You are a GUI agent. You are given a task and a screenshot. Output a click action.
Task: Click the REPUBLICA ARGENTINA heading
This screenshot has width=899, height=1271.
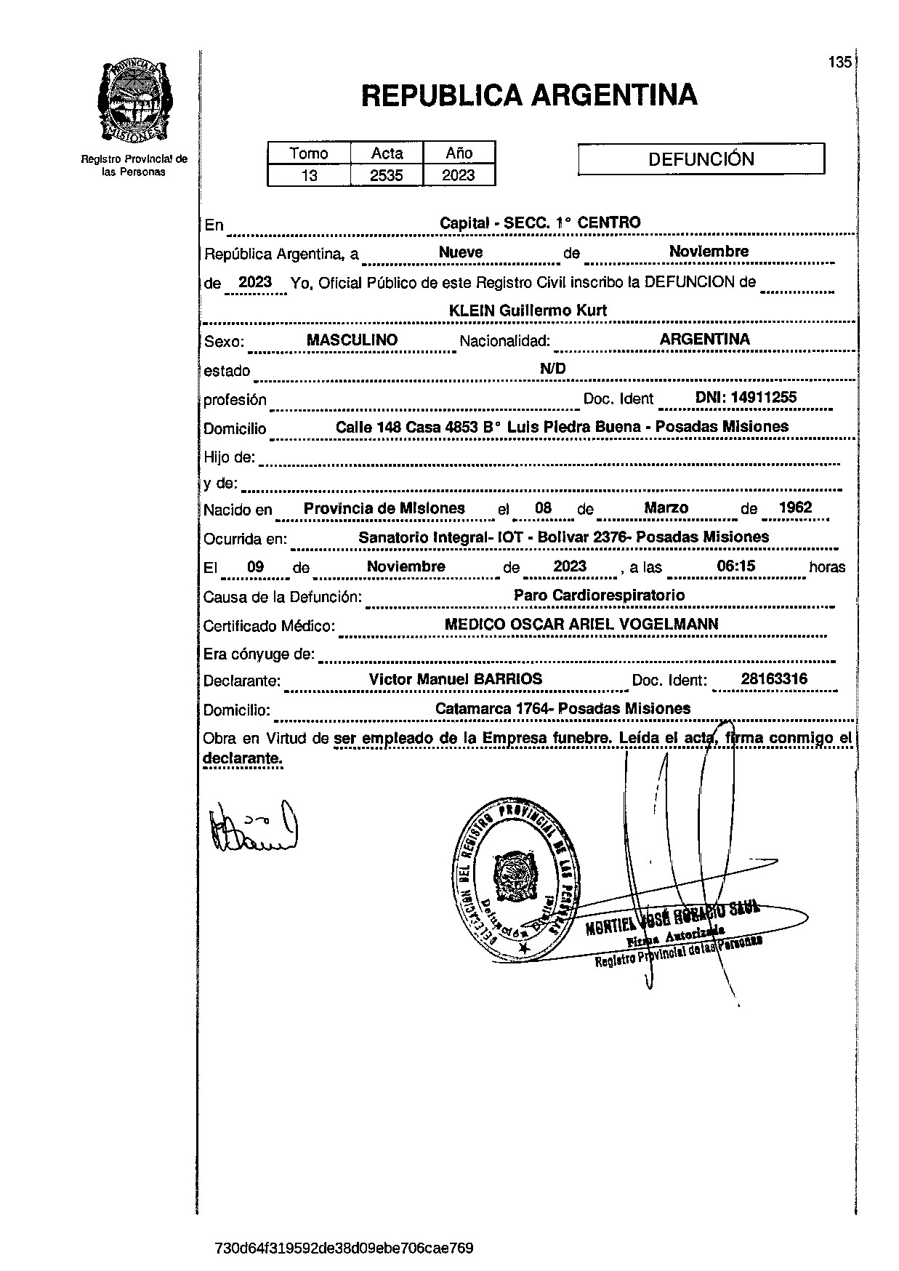(x=529, y=95)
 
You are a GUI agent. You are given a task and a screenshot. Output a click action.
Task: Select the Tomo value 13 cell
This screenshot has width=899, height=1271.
(x=309, y=175)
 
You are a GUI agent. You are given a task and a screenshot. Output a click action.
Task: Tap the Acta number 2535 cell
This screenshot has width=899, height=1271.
(x=387, y=175)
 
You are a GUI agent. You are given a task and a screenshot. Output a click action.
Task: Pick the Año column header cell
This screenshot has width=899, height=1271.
(x=459, y=153)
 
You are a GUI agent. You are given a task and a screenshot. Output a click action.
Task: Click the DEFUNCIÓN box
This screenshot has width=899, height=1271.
(x=701, y=159)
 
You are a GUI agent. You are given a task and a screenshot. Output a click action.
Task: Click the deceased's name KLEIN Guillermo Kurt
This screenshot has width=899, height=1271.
(x=528, y=310)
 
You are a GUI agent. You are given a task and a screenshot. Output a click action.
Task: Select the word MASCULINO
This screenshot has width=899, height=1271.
(x=352, y=340)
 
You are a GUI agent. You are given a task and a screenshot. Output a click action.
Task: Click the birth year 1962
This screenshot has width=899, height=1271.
(x=795, y=508)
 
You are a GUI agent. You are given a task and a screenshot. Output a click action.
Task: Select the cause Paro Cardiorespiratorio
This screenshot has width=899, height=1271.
(x=599, y=595)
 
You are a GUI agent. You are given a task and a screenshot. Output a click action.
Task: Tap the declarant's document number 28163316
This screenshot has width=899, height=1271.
(x=774, y=679)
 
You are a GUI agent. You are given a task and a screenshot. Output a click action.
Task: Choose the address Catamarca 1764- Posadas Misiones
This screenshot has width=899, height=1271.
(x=563, y=708)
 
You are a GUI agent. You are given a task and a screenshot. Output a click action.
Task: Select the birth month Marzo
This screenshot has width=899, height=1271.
(x=666, y=508)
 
